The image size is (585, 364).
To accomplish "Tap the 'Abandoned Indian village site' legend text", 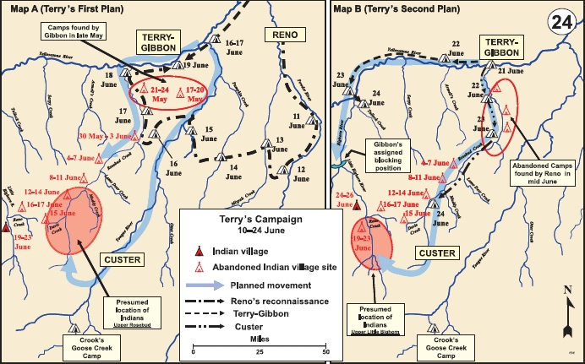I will coord(272,267).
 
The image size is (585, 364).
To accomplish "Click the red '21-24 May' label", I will coord(159,93).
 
